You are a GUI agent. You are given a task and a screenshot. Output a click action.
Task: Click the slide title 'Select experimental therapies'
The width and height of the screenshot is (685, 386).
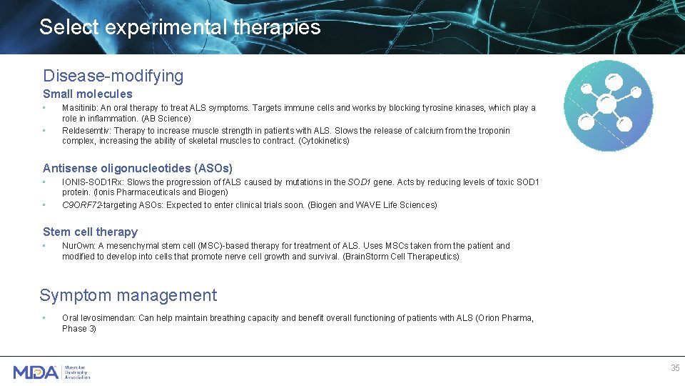point(180,28)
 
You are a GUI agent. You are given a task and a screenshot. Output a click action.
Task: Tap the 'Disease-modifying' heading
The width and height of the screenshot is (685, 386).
point(113,76)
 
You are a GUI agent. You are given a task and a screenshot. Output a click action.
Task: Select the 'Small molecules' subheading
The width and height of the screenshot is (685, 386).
point(87,94)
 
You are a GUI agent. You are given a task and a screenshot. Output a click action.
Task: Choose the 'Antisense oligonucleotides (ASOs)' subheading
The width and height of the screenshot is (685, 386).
point(137,168)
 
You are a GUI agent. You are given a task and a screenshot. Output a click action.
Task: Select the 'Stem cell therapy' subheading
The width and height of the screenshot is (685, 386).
point(90,232)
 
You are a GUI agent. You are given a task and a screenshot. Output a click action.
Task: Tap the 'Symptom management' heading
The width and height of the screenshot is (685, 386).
point(128,295)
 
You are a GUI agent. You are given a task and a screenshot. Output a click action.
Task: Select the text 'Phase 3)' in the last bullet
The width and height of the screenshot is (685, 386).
point(79,329)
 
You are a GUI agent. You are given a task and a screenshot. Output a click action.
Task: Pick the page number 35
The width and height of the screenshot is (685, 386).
point(675,368)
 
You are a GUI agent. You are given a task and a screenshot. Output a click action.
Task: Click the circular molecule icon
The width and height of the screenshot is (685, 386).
point(608,105)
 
